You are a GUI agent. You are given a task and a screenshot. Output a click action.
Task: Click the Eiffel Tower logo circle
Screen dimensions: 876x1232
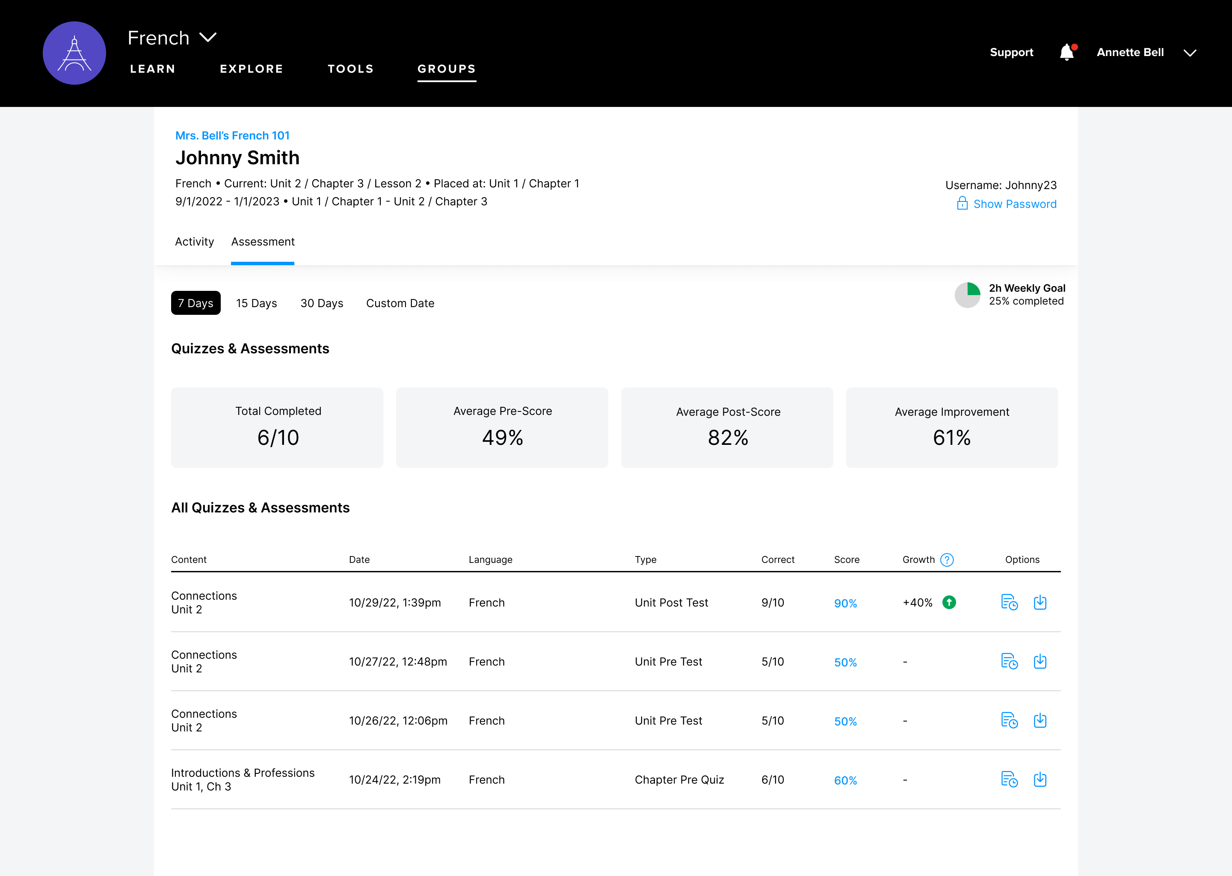pos(74,53)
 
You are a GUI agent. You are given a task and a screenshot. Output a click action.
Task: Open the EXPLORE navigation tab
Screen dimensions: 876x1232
pos(252,69)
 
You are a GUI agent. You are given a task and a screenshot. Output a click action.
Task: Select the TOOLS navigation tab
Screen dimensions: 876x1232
pos(351,69)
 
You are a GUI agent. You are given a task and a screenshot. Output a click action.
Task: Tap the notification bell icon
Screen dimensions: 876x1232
pos(1066,52)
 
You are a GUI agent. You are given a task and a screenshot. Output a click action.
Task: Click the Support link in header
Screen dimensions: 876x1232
pos(1011,52)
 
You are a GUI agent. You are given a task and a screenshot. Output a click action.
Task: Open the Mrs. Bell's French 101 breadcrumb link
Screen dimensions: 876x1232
pos(232,136)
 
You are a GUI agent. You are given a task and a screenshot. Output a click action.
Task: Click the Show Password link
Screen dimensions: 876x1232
pos(1014,204)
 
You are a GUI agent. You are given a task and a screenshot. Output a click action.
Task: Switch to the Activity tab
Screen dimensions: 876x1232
pos(194,242)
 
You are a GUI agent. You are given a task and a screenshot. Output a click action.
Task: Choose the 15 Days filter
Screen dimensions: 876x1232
pos(256,303)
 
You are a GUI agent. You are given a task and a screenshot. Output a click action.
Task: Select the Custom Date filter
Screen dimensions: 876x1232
pos(400,303)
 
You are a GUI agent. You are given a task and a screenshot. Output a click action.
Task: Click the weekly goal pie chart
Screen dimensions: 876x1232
pos(967,295)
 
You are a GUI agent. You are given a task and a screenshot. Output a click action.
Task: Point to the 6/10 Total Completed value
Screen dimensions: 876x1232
pos(278,438)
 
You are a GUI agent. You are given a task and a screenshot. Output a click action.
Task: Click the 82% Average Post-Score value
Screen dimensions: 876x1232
pos(728,438)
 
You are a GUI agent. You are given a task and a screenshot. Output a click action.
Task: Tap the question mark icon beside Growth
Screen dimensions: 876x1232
pos(947,560)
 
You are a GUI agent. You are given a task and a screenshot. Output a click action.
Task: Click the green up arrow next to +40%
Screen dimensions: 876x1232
pos(949,603)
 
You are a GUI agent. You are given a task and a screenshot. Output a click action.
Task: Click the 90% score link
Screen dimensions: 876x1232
pos(845,604)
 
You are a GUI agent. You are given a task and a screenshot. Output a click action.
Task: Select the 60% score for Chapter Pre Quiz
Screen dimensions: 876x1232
pos(845,781)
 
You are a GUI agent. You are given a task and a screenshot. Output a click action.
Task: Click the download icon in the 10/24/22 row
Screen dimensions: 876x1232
pos(1040,779)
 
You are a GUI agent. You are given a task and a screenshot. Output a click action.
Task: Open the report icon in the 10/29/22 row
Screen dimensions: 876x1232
pos(1009,603)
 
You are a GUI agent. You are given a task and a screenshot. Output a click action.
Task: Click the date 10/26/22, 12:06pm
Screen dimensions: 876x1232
pos(398,721)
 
